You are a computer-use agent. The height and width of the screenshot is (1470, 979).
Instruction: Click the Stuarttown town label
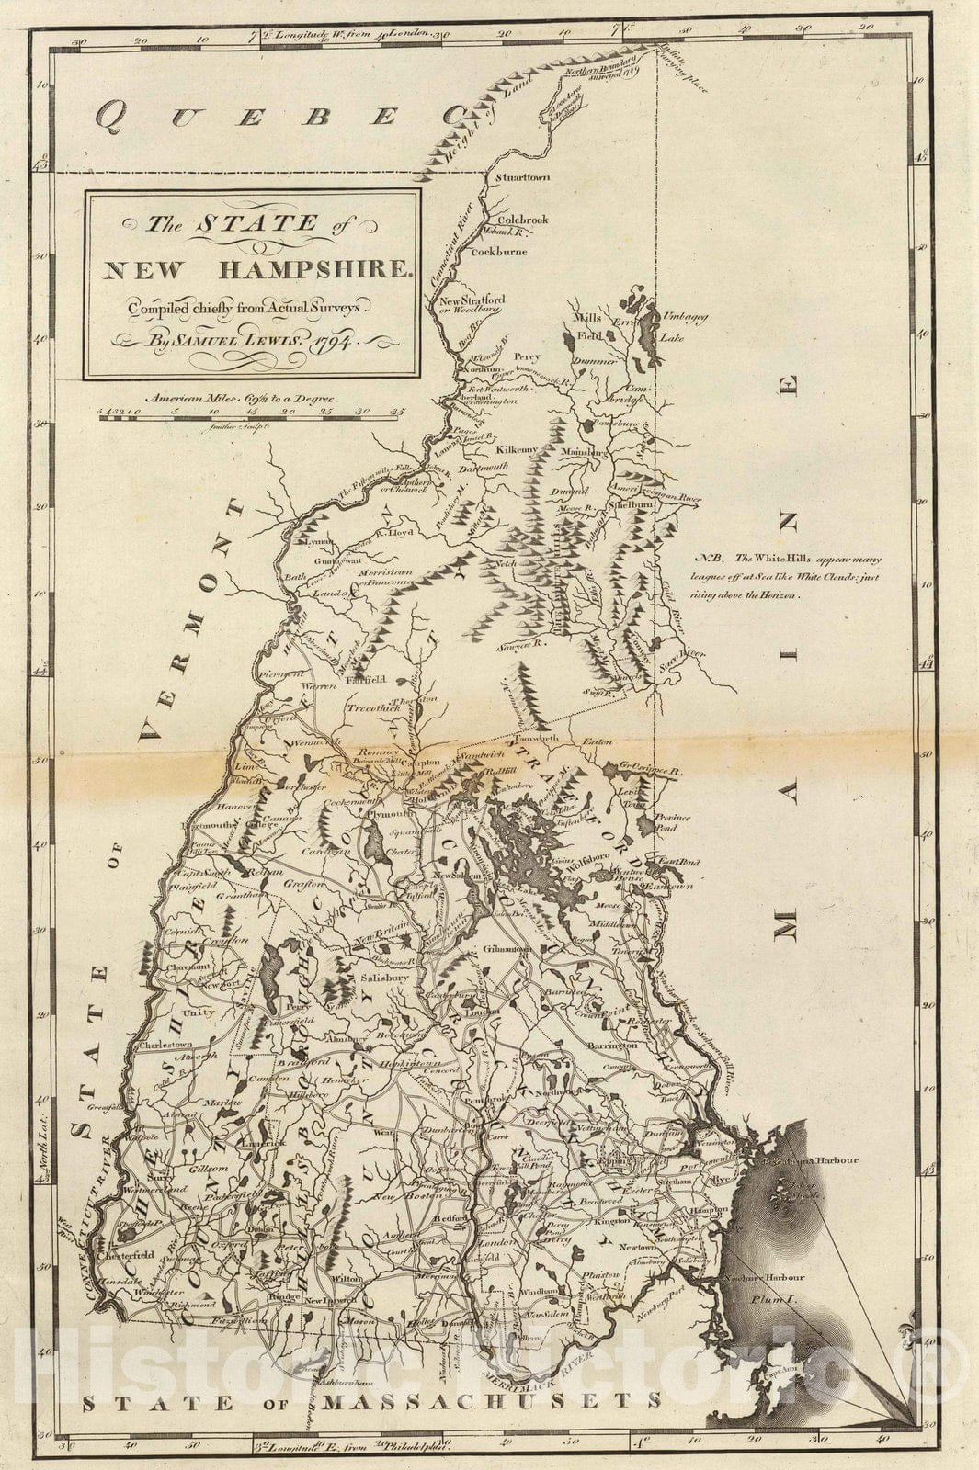tap(522, 176)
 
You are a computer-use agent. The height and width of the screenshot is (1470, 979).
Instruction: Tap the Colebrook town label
tap(522, 220)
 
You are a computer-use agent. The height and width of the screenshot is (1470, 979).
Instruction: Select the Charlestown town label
tap(165, 1045)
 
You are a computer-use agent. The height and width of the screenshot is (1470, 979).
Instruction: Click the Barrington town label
tap(613, 1046)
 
